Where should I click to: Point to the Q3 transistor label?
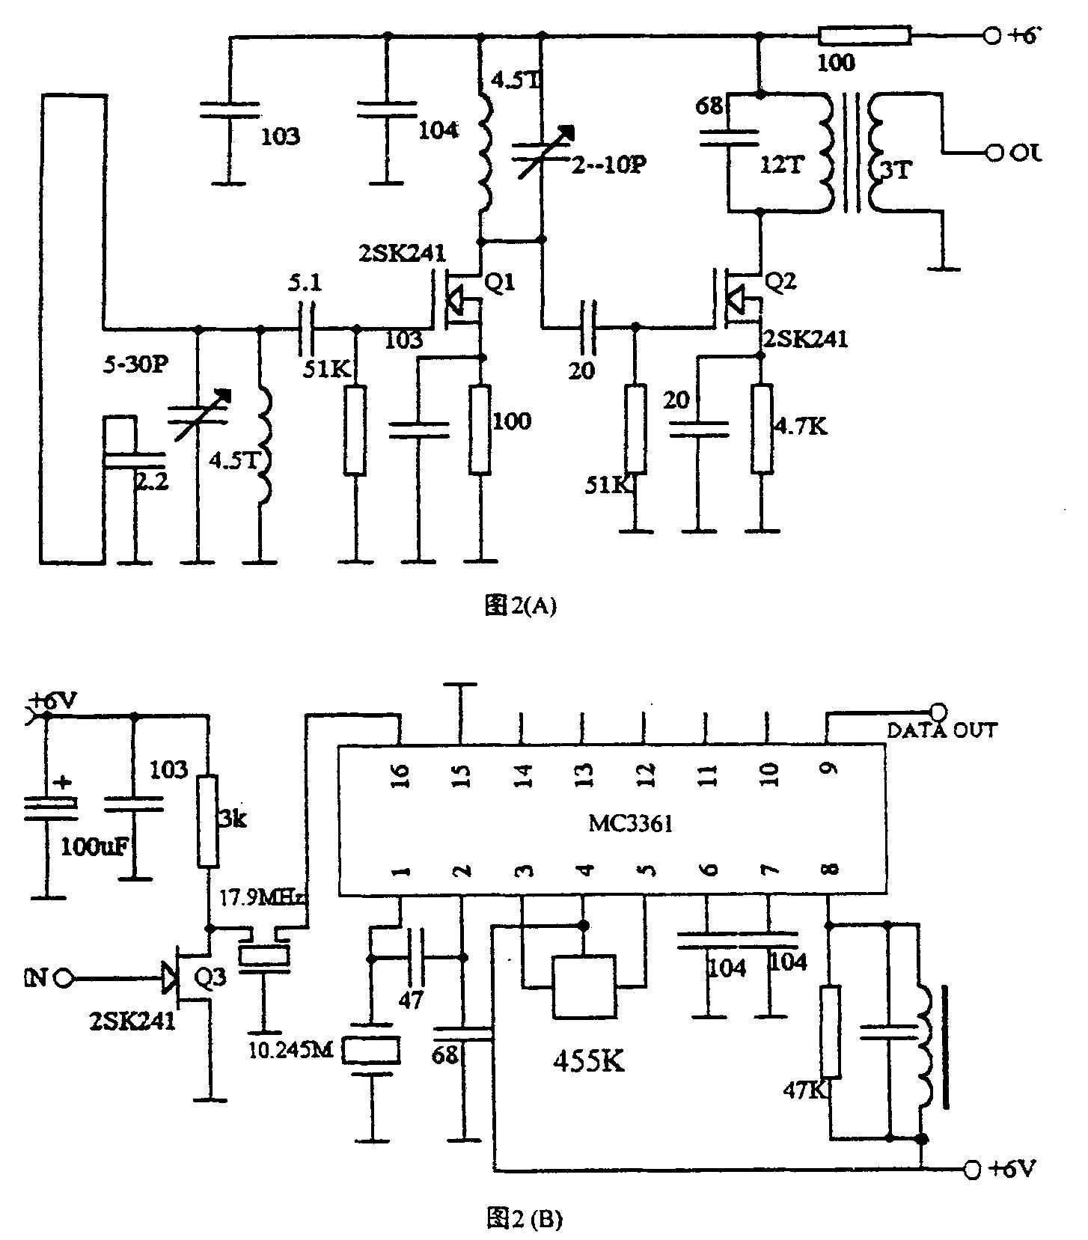point(210,979)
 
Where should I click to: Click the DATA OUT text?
point(941,730)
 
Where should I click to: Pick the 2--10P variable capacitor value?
point(608,165)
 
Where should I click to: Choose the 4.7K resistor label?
point(801,427)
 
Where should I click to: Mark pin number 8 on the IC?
point(829,869)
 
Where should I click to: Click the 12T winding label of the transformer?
point(782,165)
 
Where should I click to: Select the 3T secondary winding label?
point(896,171)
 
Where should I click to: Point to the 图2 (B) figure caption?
point(524,1219)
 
